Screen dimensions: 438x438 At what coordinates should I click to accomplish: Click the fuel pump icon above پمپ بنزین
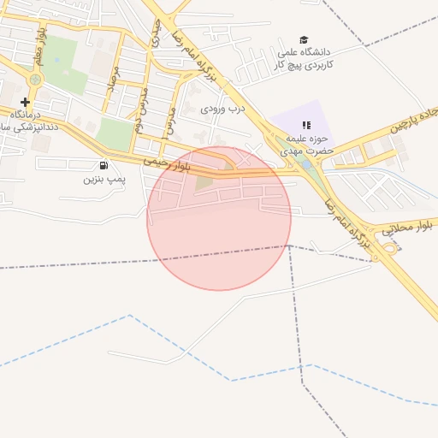pos(104,165)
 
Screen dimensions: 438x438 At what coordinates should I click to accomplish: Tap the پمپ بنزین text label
pos(104,180)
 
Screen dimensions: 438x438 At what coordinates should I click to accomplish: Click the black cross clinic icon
pos(25,102)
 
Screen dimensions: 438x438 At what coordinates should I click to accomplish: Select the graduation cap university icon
pos(303,40)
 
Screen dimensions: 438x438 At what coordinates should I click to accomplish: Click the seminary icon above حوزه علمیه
pos(307,125)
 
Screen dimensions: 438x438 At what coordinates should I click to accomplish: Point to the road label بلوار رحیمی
pos(166,163)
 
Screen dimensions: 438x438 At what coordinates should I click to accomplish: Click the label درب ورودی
pos(223,109)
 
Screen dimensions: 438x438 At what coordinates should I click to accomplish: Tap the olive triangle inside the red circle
pos(204,181)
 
